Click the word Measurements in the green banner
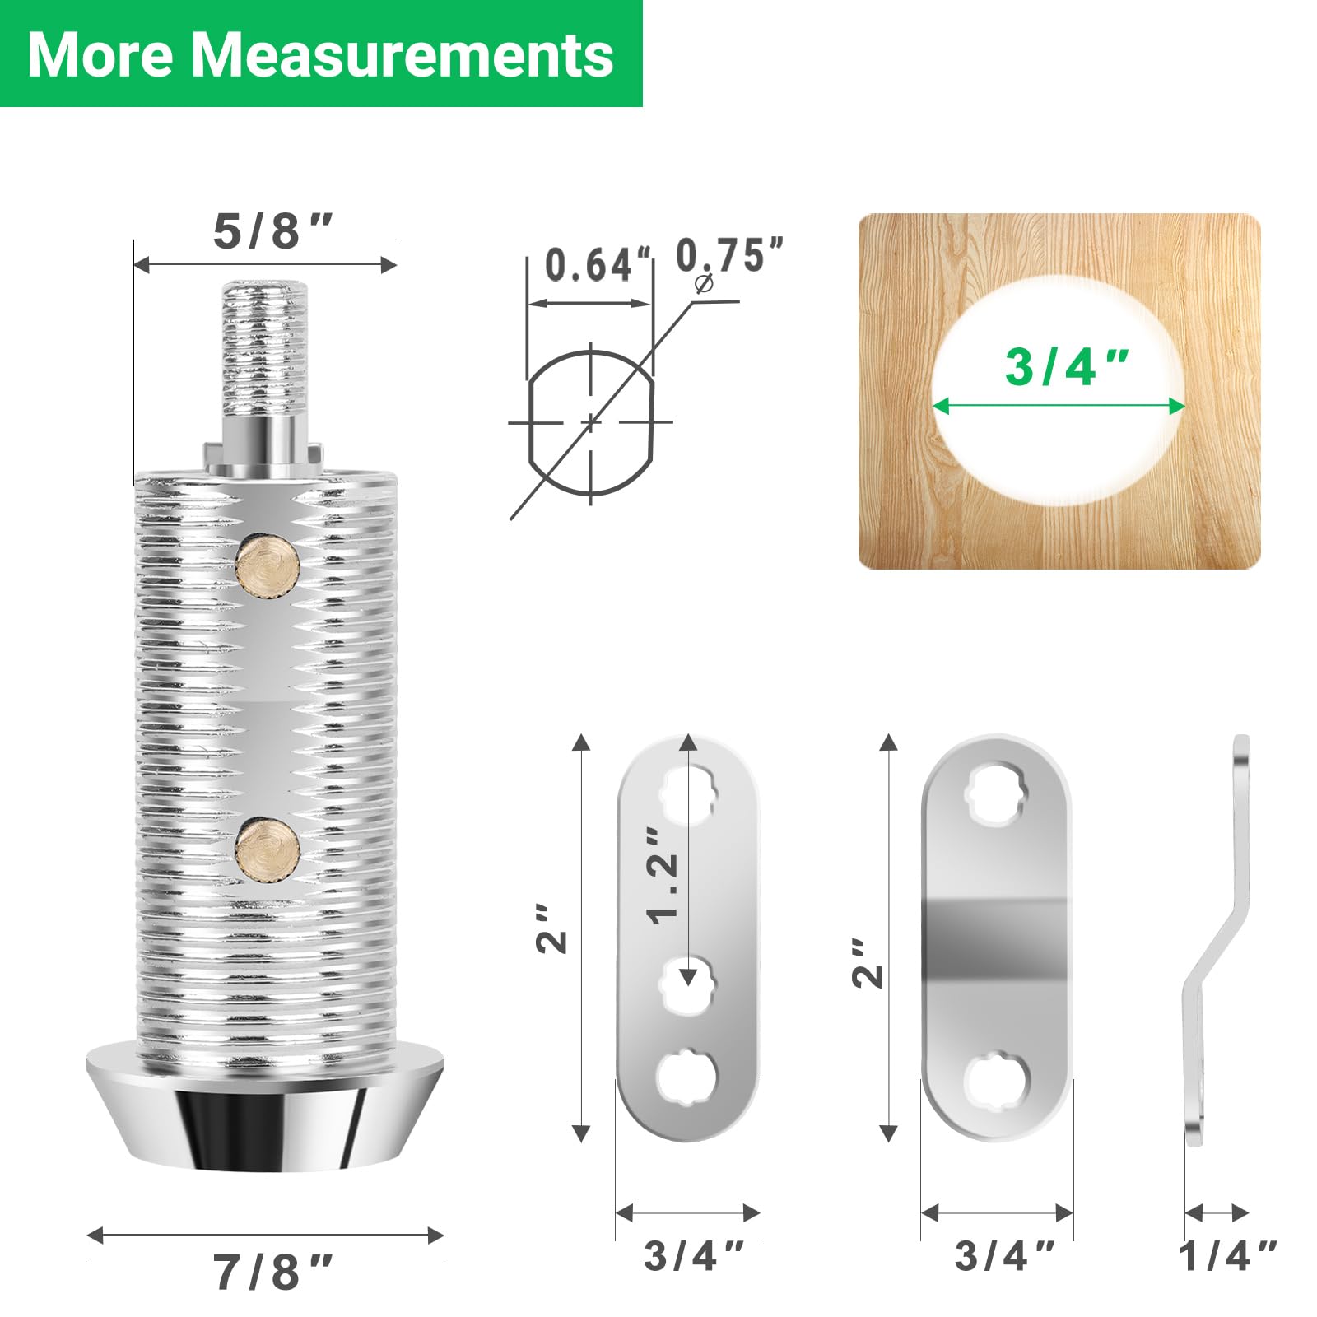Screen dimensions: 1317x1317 (x=403, y=54)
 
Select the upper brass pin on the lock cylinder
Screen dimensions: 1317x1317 (x=268, y=565)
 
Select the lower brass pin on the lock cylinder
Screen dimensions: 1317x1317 (x=268, y=849)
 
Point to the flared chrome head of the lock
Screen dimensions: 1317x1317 (x=265, y=1107)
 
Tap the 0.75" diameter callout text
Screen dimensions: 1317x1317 (x=729, y=255)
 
